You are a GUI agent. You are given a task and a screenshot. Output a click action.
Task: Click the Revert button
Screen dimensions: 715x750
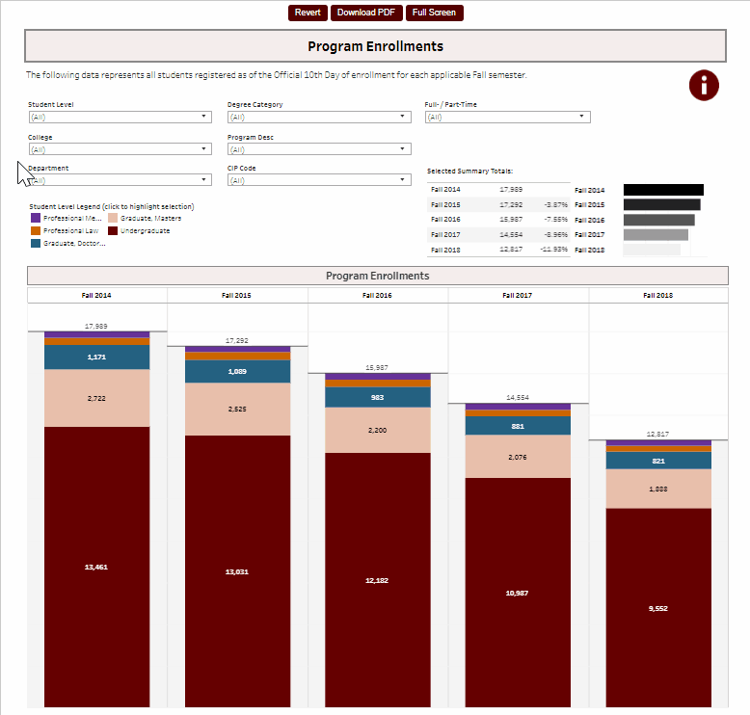(x=308, y=13)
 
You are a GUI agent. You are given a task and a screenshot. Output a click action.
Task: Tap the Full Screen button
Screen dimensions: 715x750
(x=434, y=13)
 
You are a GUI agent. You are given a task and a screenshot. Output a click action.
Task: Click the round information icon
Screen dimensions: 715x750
(x=704, y=85)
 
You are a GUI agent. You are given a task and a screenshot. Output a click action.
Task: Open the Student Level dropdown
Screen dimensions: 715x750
(x=120, y=117)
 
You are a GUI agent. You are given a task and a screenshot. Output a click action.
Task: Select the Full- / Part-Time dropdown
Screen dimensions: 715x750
(x=507, y=117)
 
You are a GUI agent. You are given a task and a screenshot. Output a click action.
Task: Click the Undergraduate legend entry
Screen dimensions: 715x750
(x=145, y=231)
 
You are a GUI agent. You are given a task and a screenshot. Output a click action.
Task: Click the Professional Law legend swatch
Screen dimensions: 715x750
(x=36, y=231)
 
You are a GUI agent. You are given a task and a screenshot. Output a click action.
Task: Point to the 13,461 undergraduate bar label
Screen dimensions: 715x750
(x=96, y=568)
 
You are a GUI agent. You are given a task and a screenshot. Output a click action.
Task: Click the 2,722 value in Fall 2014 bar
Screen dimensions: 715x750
(x=96, y=397)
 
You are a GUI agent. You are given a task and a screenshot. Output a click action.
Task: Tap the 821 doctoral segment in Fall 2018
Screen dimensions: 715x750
(x=658, y=461)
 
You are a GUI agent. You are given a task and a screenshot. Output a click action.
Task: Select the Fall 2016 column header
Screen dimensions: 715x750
(x=378, y=295)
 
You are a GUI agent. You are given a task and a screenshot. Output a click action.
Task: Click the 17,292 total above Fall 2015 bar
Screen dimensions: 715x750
(x=237, y=340)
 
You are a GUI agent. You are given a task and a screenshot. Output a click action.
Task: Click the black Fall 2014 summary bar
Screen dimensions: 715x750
(x=663, y=190)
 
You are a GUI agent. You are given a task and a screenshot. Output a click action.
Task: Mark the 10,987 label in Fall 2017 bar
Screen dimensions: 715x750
(x=518, y=592)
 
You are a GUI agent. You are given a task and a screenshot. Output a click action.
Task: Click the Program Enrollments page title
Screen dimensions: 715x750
(x=375, y=46)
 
